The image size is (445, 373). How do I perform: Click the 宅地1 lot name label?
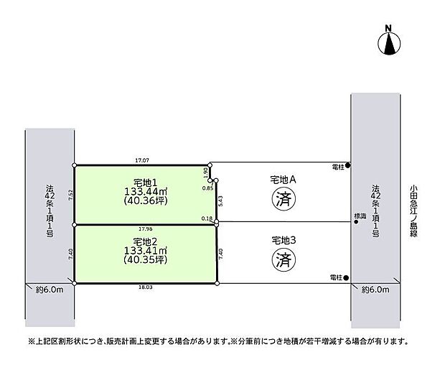pyautogui.click(x=144, y=183)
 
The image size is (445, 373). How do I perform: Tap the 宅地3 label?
pyautogui.click(x=283, y=239)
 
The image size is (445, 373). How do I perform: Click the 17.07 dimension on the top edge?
pyautogui.click(x=141, y=160)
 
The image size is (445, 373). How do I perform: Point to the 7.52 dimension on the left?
pyautogui.click(x=70, y=194)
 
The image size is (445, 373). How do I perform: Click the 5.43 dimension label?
pyautogui.click(x=221, y=203)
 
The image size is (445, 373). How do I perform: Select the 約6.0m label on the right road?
pyautogui.click(x=375, y=290)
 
